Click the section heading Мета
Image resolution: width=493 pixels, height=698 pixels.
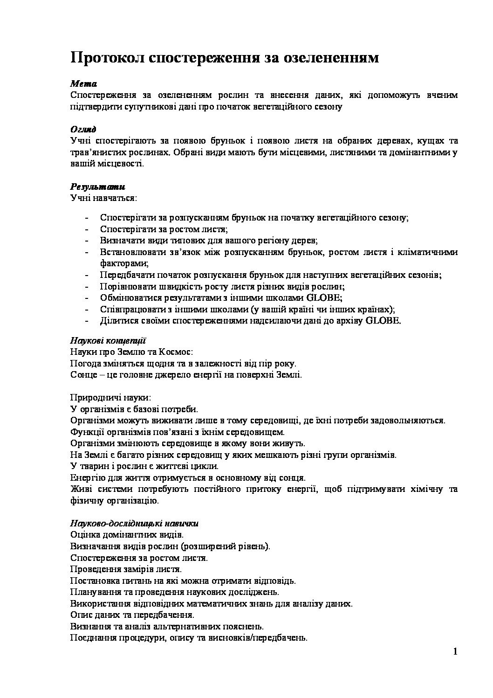[83, 84]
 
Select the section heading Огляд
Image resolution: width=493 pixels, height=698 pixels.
[83, 129]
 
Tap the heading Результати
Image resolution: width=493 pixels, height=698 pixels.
[97, 187]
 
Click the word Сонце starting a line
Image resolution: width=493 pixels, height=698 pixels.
[82, 375]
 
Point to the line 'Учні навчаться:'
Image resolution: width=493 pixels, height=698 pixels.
[103, 198]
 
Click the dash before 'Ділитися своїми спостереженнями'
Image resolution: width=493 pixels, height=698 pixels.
[87, 321]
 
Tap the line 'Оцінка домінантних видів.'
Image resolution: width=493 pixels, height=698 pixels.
[126, 535]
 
